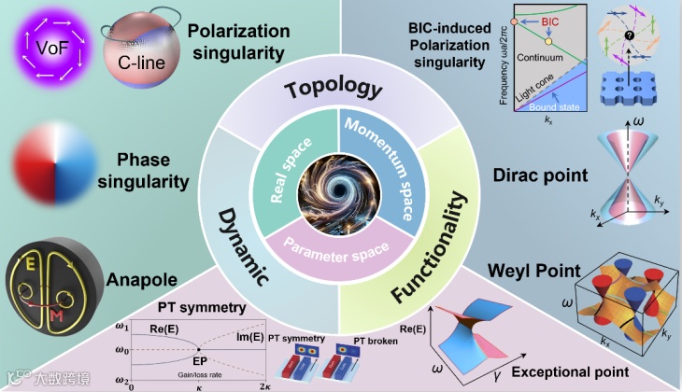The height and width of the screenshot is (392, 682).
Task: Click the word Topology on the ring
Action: [334, 91]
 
